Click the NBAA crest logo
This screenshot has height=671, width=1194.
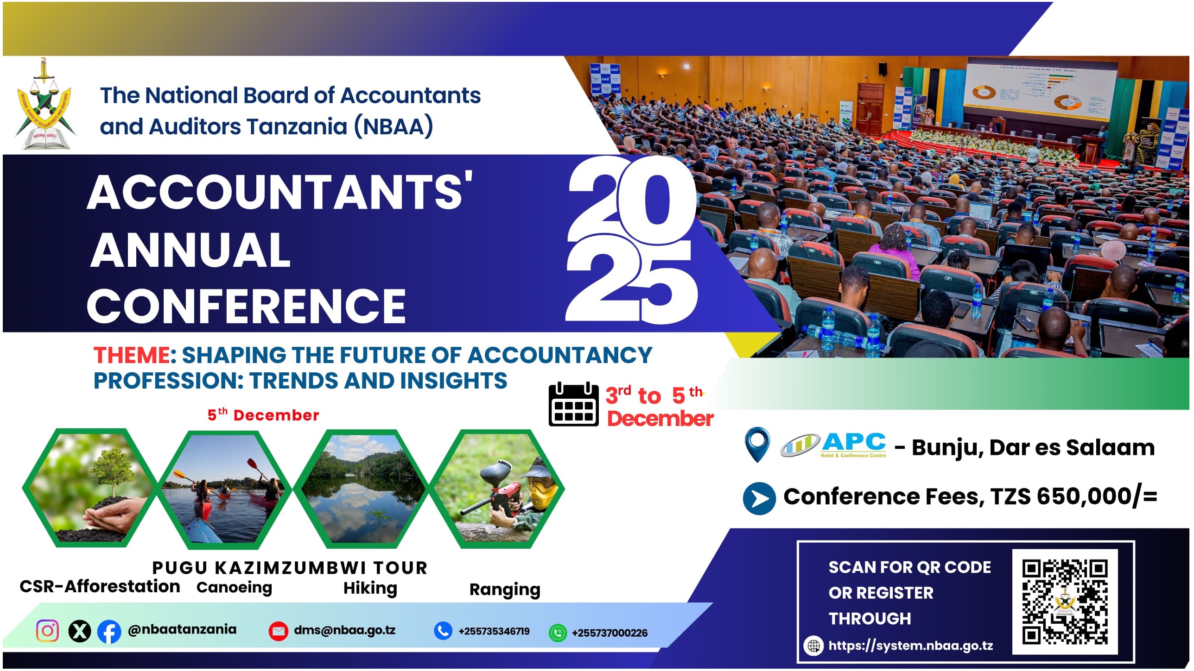point(45,105)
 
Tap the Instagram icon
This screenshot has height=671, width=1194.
point(47,631)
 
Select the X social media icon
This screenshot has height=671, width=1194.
point(80,631)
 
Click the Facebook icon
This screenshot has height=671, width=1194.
point(109,632)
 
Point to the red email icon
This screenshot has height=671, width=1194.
point(279,631)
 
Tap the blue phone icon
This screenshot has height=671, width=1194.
point(443,631)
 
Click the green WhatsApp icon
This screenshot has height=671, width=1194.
point(558,633)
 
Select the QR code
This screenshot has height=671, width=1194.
point(1065,602)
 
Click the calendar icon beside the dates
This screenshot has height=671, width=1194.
point(574,404)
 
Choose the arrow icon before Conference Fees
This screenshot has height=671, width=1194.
point(759,499)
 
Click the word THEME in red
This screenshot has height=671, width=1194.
point(132,356)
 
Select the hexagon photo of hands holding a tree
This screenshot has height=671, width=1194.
point(90,488)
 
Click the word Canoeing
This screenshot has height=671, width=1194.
point(234,588)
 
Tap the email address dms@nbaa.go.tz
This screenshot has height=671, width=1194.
point(345,630)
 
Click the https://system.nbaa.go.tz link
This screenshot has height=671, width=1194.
point(910,646)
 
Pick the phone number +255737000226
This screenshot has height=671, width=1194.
point(610,633)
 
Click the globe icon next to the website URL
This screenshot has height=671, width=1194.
point(813,646)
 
